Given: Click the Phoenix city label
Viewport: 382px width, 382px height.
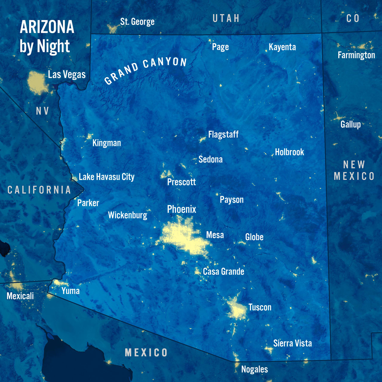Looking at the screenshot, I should pyautogui.click(x=181, y=209).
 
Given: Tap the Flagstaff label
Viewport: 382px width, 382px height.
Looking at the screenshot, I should pyautogui.click(x=223, y=135).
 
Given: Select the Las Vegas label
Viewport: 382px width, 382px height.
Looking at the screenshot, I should pyautogui.click(x=67, y=74).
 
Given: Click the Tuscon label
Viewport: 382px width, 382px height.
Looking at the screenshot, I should pyautogui.click(x=260, y=307).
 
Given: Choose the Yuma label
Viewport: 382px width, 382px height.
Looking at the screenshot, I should pyautogui.click(x=70, y=291).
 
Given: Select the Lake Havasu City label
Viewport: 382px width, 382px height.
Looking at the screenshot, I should pyautogui.click(x=107, y=177).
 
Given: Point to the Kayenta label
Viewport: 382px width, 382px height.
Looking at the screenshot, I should pyautogui.click(x=282, y=47).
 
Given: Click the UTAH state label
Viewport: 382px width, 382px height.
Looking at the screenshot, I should pyautogui.click(x=226, y=19).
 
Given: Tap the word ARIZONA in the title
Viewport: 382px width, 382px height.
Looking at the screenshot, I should pyautogui.click(x=47, y=27).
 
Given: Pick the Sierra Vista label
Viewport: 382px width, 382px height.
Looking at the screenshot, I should pyautogui.click(x=292, y=343).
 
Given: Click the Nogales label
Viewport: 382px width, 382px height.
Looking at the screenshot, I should pyautogui.click(x=254, y=369).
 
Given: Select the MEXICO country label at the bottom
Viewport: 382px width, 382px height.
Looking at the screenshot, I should pyautogui.click(x=146, y=353).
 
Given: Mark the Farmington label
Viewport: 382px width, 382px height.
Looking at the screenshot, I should pyautogui.click(x=356, y=55).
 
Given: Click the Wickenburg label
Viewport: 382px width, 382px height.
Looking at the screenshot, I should pyautogui.click(x=127, y=215).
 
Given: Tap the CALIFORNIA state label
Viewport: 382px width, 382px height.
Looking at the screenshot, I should pyautogui.click(x=39, y=190).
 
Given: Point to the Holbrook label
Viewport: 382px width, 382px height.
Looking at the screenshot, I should pyautogui.click(x=289, y=152).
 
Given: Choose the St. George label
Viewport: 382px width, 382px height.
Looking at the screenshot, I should pyautogui.click(x=137, y=22).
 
